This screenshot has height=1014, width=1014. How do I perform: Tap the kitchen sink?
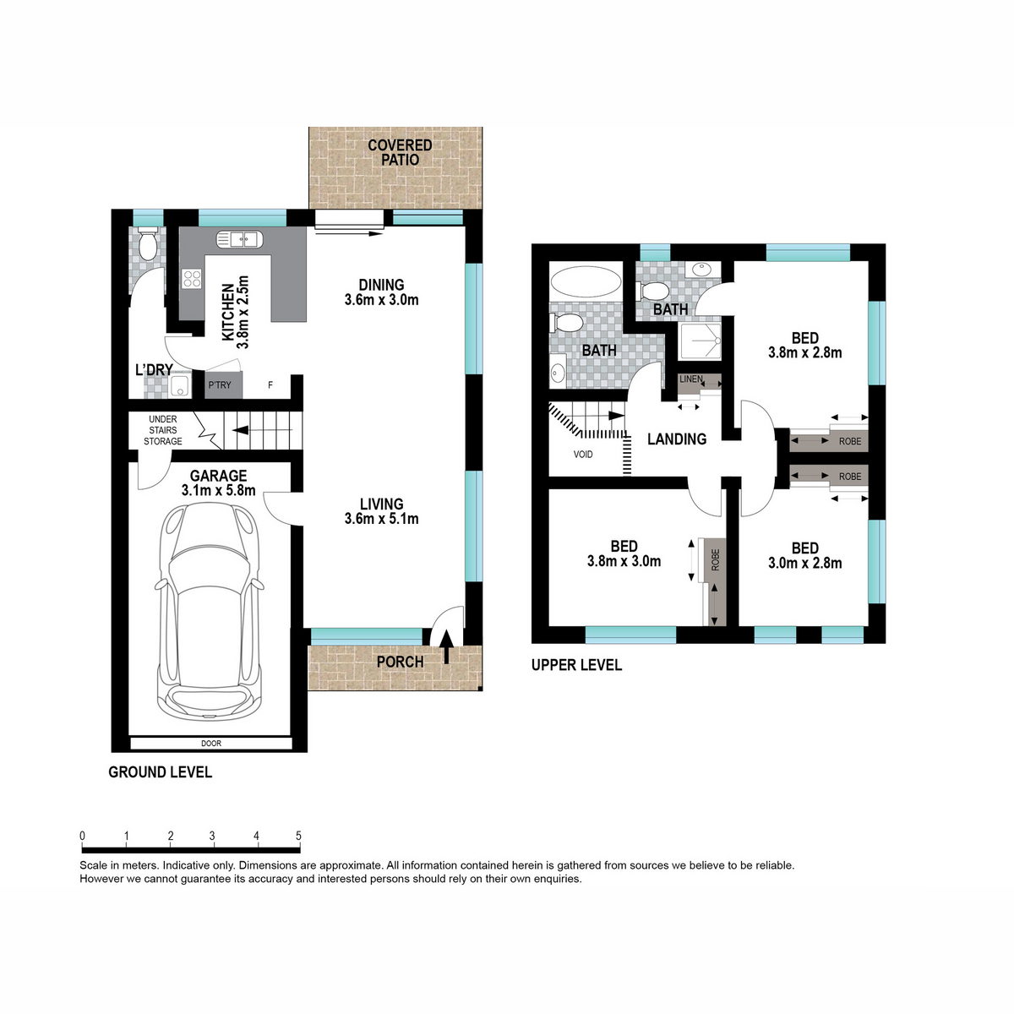tap(239, 240)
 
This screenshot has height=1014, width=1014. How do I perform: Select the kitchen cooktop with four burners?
tap(192, 278)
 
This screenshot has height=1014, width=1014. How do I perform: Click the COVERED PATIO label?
tap(400, 152)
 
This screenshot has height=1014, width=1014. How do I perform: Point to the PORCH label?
tap(400, 662)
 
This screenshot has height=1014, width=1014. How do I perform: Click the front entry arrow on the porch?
tap(446, 646)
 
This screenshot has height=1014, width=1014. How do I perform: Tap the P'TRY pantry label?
tap(220, 385)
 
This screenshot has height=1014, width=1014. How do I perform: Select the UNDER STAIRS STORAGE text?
tap(162, 430)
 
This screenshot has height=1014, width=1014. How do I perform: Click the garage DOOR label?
tap(211, 744)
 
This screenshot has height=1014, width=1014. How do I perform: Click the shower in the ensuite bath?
tap(700, 341)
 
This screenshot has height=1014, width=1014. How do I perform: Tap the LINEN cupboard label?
tap(690, 379)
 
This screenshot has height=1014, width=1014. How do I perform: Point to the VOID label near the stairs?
tap(583, 454)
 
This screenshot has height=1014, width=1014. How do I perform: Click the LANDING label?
tap(677, 439)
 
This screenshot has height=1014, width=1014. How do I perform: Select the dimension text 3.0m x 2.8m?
tap(804, 563)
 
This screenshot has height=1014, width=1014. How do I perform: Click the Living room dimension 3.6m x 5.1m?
tap(381, 519)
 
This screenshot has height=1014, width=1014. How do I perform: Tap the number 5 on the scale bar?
tap(298, 835)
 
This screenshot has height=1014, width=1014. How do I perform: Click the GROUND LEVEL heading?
tap(160, 772)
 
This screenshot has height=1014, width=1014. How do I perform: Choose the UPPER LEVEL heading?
tap(577, 665)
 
